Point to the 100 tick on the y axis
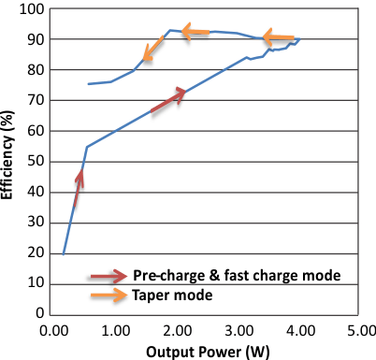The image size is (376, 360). point(32,9)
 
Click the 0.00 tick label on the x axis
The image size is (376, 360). point(53,329)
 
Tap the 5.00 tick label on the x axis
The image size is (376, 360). point(362,329)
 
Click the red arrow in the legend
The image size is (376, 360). point(108,276)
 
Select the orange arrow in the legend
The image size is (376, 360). point(108,295)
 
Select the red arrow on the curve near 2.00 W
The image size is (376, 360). point(168,101)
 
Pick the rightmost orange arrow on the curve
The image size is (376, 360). point(279,38)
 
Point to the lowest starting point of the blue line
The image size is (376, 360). point(64,253)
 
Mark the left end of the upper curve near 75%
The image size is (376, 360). point(89,84)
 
